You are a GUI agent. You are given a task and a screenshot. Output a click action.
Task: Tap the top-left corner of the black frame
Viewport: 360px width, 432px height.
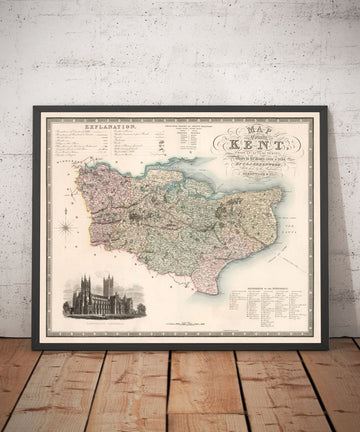[35, 109]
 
